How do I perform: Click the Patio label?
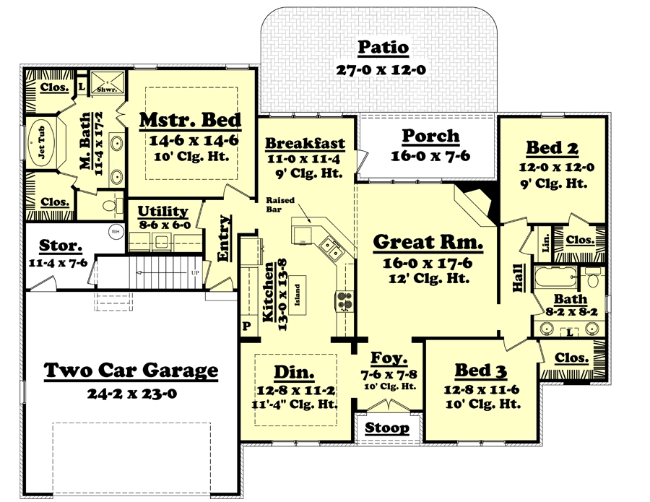coord(383,48)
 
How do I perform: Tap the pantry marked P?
coord(246,326)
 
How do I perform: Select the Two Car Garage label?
coord(130,371)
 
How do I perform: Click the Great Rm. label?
coord(428,242)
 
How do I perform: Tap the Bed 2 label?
coord(551,148)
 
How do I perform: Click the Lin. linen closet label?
coord(545,243)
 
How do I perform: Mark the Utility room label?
coord(162,211)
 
